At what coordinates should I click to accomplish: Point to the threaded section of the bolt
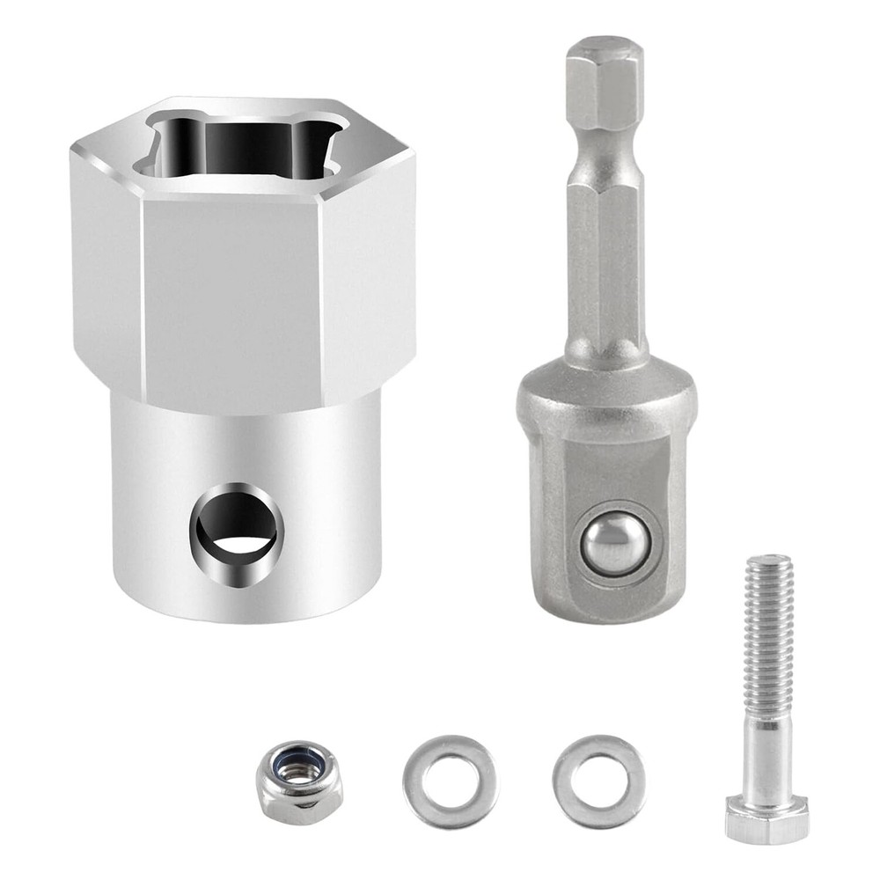pos(769,634)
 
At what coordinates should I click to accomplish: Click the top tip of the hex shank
pos(604,44)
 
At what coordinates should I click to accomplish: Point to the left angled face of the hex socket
pos(106,264)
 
